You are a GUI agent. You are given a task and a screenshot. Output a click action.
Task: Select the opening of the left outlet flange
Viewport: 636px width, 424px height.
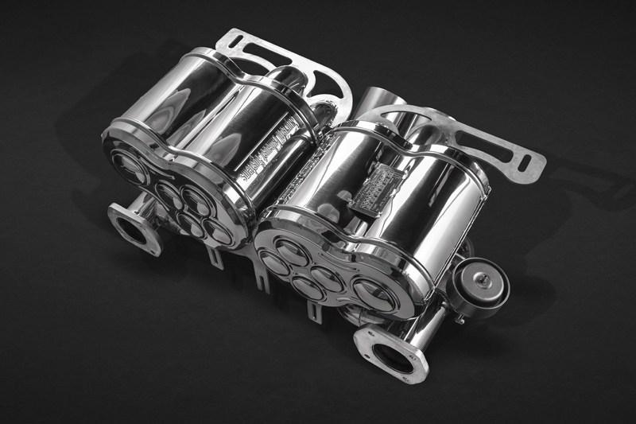[131, 230]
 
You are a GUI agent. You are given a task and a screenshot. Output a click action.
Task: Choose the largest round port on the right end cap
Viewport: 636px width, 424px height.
[373, 294]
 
